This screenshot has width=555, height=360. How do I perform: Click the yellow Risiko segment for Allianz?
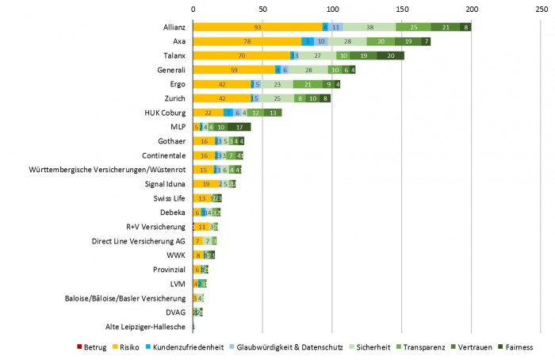click(257, 27)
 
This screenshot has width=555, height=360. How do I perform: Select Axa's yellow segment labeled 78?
click(247, 41)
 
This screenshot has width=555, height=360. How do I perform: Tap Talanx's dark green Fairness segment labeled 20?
click(391, 56)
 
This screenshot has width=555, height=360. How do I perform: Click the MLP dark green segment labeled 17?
click(239, 127)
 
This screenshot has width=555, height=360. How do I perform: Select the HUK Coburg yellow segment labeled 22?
click(207, 113)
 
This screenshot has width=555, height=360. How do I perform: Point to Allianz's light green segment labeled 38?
click(370, 27)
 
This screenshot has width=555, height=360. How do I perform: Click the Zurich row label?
click(174, 98)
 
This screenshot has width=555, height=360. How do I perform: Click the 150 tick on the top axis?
click(402, 9)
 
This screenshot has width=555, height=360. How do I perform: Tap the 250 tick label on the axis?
click(542, 9)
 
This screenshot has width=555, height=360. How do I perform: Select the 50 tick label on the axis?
click(262, 9)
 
